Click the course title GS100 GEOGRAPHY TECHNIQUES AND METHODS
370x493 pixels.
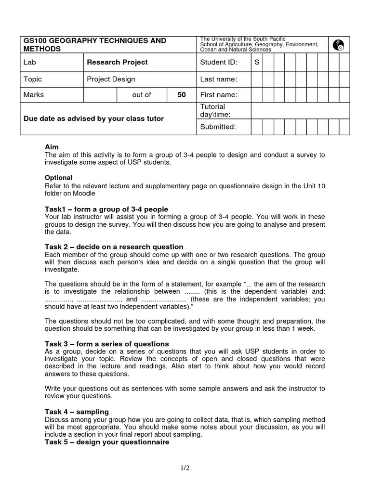[x=94, y=45]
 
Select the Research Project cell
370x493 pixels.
[x=117, y=62]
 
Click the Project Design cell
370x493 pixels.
[x=111, y=79]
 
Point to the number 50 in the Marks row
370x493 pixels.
[x=181, y=95]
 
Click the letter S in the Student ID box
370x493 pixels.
[x=257, y=62]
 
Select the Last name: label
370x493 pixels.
[x=219, y=79]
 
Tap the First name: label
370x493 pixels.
[x=219, y=95]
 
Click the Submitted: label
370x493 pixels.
[x=218, y=127]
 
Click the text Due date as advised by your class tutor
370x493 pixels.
[x=94, y=118]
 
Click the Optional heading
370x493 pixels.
[x=58, y=178]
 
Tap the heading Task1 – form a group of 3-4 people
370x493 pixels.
[x=106, y=209]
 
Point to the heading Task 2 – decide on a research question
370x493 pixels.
[x=114, y=247]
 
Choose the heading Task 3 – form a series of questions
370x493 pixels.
[x=106, y=344]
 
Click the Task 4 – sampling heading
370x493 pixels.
[x=77, y=412]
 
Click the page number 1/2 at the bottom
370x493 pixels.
[x=185, y=467]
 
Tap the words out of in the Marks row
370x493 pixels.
[x=142, y=95]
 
